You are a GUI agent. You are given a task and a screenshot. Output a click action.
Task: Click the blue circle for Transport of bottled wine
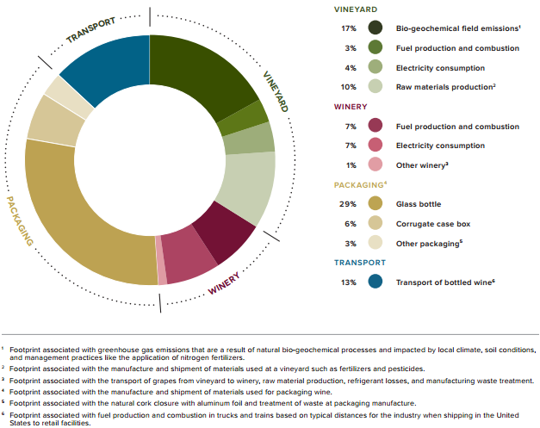pos(375,282)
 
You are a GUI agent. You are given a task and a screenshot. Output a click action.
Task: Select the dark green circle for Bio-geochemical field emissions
pos(375,28)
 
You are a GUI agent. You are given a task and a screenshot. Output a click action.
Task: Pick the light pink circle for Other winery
pos(375,164)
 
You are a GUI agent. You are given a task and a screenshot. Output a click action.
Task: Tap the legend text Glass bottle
pos(419,204)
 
